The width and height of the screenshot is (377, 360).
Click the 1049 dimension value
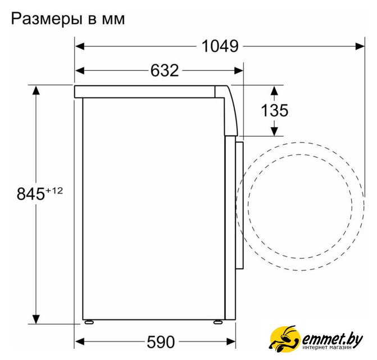[220, 46]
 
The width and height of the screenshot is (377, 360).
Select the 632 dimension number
[165, 70]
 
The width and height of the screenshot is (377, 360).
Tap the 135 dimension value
[275, 110]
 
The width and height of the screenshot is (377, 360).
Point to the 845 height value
[30, 193]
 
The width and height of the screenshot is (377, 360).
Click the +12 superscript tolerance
[54, 191]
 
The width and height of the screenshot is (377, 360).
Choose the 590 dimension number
[161, 342]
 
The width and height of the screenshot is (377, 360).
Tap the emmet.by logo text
[332, 340]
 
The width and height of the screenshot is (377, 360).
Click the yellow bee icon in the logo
[284, 339]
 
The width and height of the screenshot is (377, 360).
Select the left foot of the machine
[88, 322]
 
